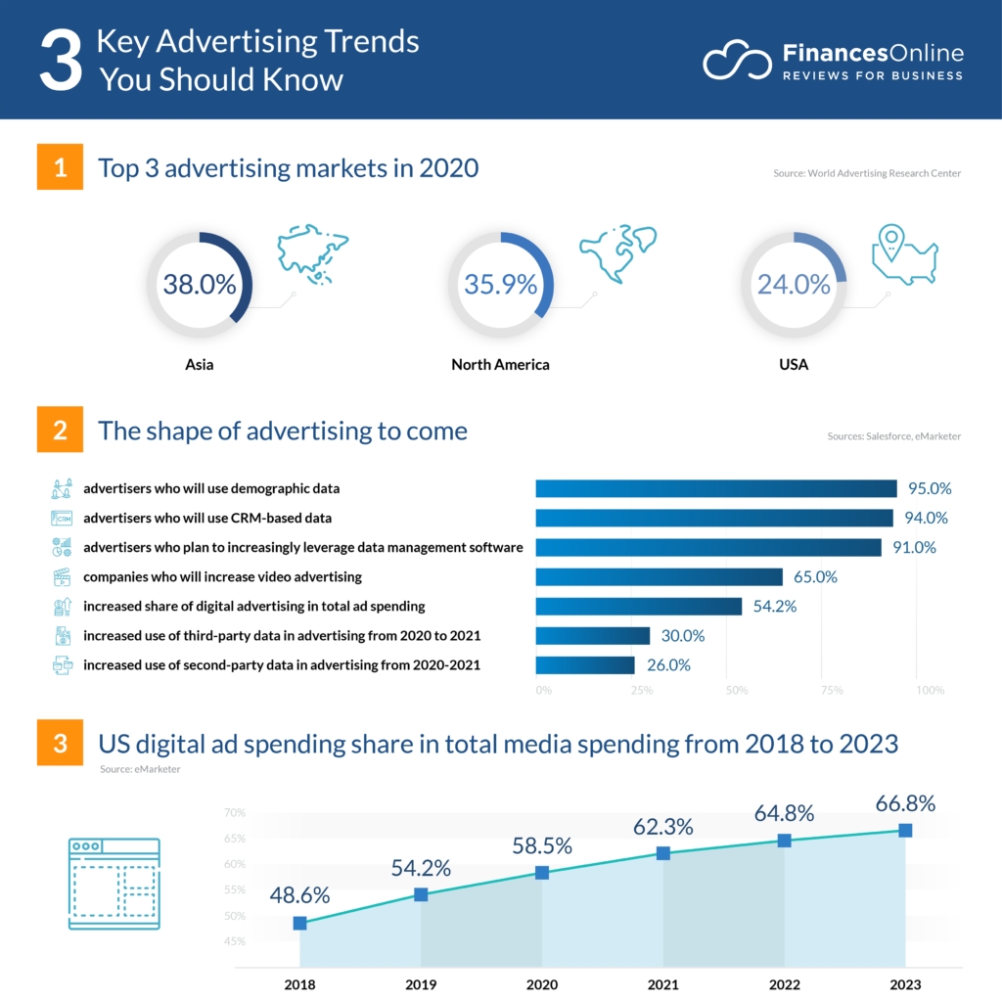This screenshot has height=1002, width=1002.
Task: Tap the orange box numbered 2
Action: point(61,431)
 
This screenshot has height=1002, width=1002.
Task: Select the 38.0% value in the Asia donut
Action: point(200,285)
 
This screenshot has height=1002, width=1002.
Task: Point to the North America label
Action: point(500,365)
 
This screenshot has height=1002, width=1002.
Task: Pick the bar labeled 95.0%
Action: point(715,488)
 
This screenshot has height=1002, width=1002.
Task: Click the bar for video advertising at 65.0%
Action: point(659,576)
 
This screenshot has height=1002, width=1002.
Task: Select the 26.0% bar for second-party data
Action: point(585,665)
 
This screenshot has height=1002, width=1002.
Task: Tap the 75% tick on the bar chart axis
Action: point(831,691)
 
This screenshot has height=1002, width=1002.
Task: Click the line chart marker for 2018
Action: point(299,923)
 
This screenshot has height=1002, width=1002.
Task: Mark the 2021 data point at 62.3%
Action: point(663,853)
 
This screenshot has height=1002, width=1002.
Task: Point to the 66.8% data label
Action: point(905,803)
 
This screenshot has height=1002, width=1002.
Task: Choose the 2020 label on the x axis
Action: point(542,984)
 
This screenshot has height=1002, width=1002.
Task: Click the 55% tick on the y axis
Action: point(235,890)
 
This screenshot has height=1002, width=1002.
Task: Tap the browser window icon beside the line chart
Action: point(114,884)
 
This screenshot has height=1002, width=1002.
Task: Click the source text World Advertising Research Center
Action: point(867,173)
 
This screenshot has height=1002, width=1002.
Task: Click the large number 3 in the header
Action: point(59,62)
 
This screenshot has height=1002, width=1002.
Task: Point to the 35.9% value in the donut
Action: point(500,285)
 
